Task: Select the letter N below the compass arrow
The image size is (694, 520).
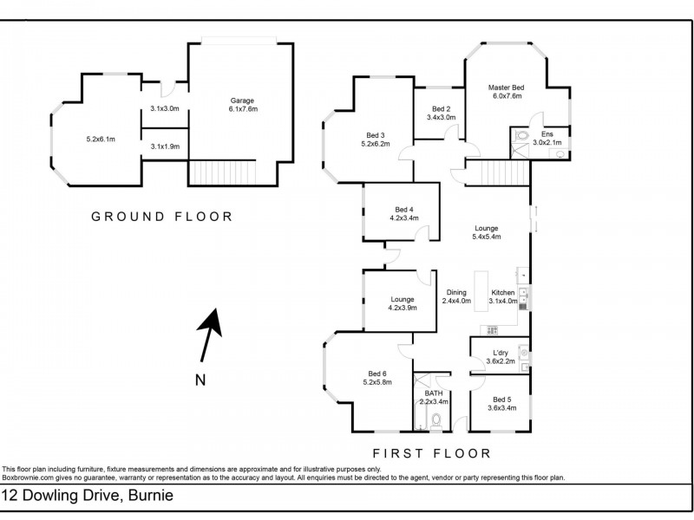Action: (x=200, y=380)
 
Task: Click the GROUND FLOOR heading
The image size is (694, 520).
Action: (x=161, y=217)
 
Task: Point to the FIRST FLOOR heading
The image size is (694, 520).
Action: (x=431, y=453)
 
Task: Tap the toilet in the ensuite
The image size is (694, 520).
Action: (x=522, y=135)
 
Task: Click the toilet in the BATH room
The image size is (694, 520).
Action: (x=436, y=420)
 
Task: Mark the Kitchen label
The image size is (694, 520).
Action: (x=503, y=293)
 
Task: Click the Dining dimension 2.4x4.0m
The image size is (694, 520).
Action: (x=456, y=301)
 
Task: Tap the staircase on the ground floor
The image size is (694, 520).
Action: (x=223, y=172)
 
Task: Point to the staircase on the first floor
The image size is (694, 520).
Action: (x=498, y=172)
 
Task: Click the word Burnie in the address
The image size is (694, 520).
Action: (x=150, y=495)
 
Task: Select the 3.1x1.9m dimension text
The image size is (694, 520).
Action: (x=165, y=146)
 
